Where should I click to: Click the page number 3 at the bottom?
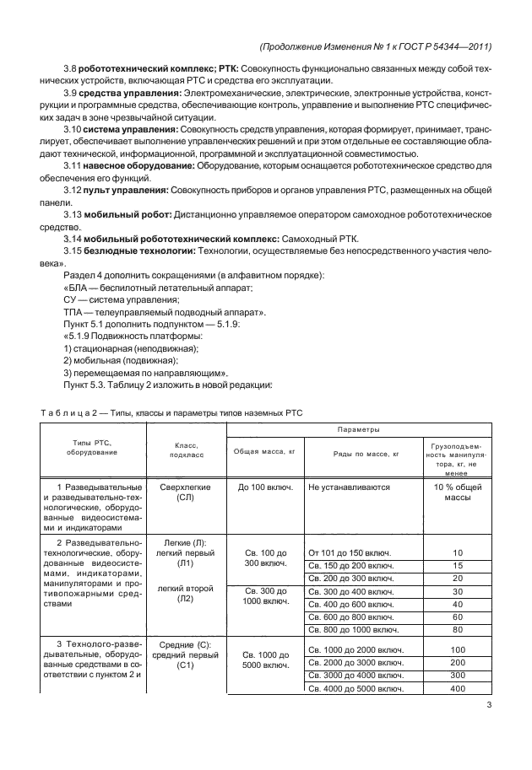point(489,706)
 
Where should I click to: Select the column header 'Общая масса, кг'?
point(263,452)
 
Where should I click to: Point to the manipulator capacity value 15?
point(458,565)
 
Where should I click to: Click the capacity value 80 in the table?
point(458,629)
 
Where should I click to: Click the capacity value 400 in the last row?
point(458,689)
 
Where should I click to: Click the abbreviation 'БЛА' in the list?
point(79,287)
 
